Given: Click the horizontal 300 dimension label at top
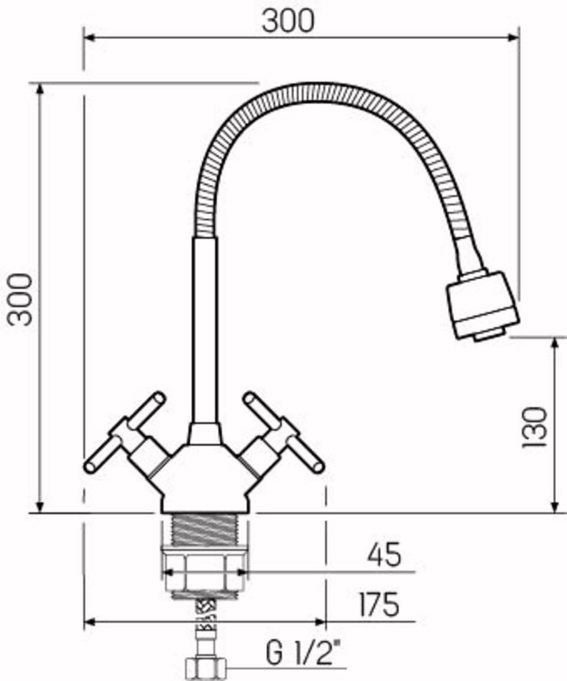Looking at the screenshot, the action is click(289, 21).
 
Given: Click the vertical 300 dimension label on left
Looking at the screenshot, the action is click(20, 300).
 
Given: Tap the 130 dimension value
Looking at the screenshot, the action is click(534, 427).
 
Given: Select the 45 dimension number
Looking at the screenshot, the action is click(384, 554).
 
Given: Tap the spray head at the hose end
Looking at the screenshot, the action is click(483, 305).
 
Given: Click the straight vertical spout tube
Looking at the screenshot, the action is click(205, 331).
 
